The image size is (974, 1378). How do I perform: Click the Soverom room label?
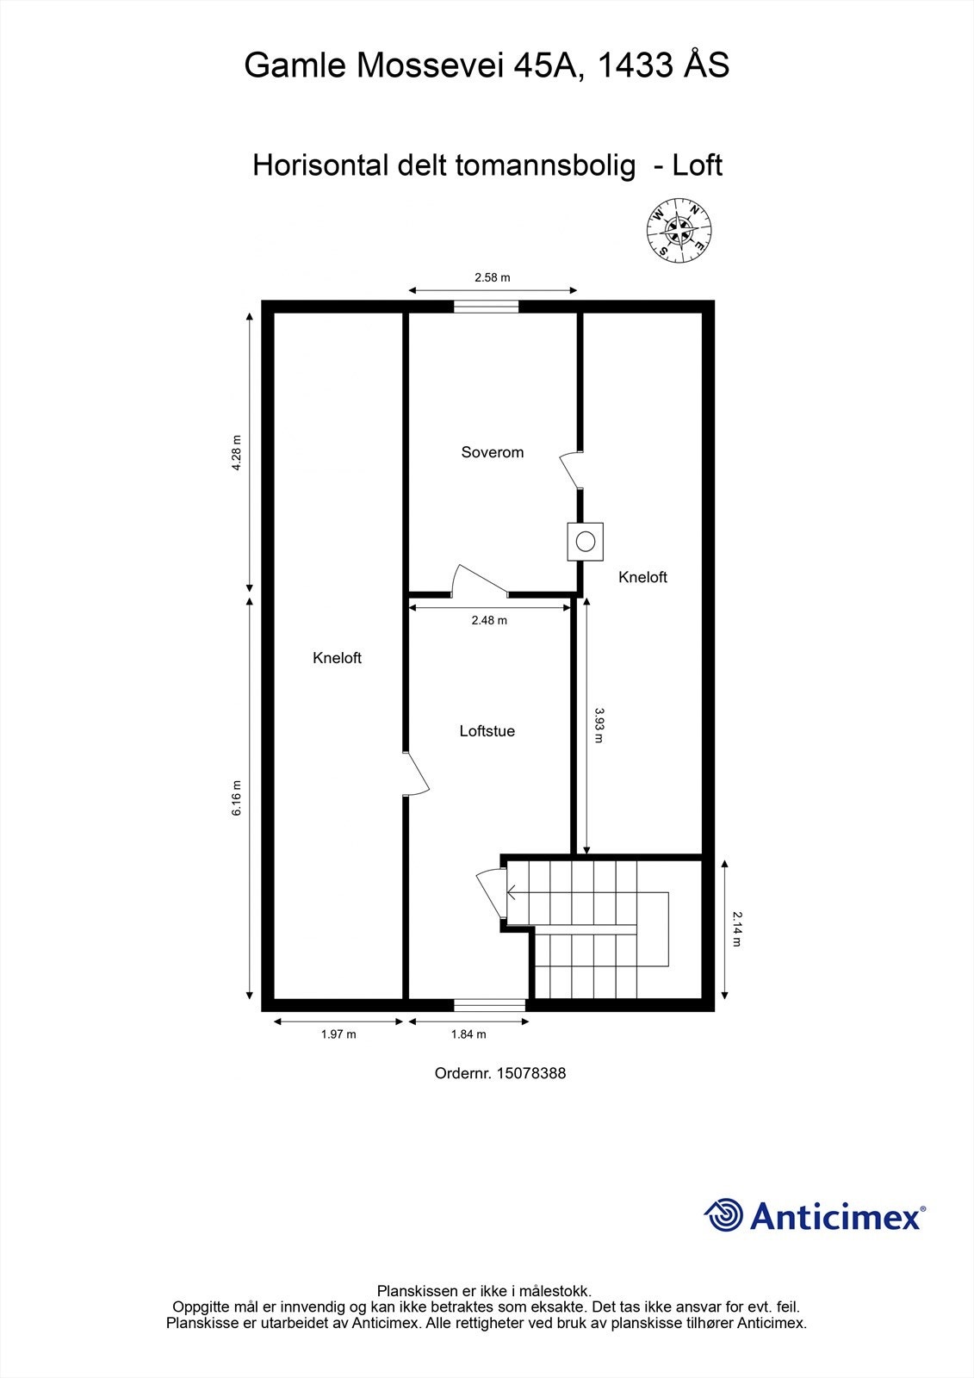point(492,452)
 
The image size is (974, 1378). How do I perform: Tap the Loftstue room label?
point(487,731)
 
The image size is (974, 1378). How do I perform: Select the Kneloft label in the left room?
point(337,658)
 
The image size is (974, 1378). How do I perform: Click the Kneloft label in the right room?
point(642,577)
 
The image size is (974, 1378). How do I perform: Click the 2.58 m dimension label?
point(492,277)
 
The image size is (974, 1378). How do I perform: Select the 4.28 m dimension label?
point(237,452)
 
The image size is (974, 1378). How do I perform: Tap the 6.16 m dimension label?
point(237,798)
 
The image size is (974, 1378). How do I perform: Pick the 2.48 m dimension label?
point(489,620)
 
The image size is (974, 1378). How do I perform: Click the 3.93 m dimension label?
point(599,725)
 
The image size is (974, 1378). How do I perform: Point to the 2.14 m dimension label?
point(737,929)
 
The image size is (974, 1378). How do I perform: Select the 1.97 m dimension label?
point(338,1034)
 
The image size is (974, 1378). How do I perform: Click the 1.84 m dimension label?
point(468,1034)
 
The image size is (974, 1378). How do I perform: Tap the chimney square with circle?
point(586,542)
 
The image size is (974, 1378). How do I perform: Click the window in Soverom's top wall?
point(487,306)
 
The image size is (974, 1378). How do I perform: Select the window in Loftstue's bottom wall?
point(489,1004)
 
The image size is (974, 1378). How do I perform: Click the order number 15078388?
point(500,1073)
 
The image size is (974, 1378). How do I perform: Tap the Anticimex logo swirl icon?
point(723,1215)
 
